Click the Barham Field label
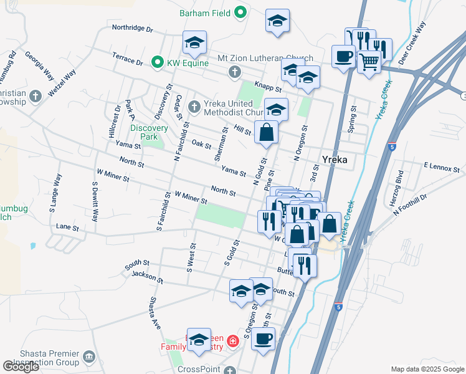point(205,12)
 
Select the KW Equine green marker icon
point(159,63)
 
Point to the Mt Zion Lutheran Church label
point(265,59)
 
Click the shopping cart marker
point(369,63)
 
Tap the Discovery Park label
point(149,132)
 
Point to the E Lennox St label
point(441,168)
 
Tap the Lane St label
point(67,228)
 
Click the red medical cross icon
point(232,341)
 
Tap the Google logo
point(21,367)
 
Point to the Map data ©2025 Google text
point(427,369)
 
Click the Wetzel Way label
point(62,82)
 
